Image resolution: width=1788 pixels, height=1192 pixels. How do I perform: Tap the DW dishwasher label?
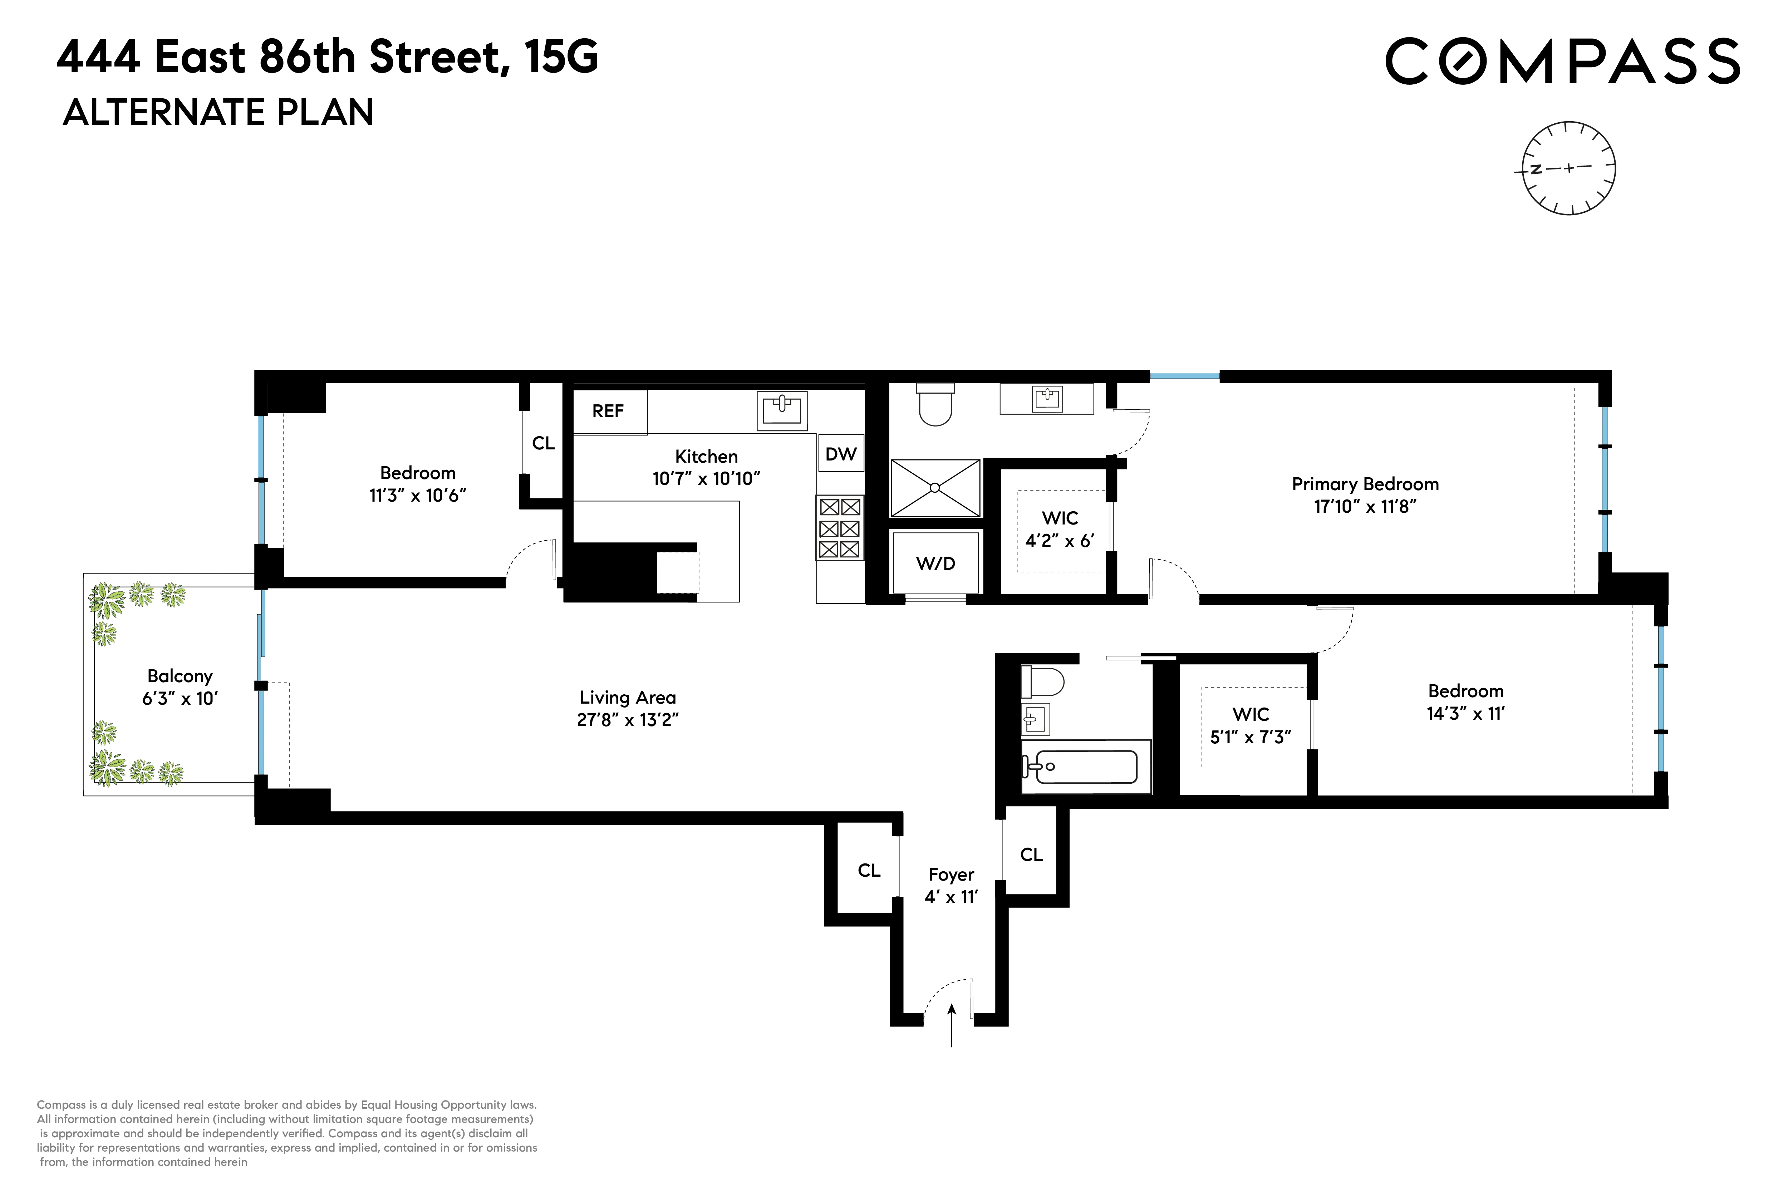pyautogui.click(x=841, y=454)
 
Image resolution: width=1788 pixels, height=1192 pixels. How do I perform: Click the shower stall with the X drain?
pyautogui.click(x=935, y=487)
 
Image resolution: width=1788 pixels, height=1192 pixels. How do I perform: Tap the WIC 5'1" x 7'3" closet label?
pyautogui.click(x=1251, y=725)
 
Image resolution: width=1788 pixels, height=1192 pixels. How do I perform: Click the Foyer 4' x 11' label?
pyautogui.click(x=951, y=886)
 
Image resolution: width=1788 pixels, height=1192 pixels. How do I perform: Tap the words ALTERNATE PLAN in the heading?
pyautogui.click(x=218, y=113)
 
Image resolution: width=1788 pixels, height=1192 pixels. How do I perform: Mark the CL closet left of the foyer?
pyautogui.click(x=869, y=871)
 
